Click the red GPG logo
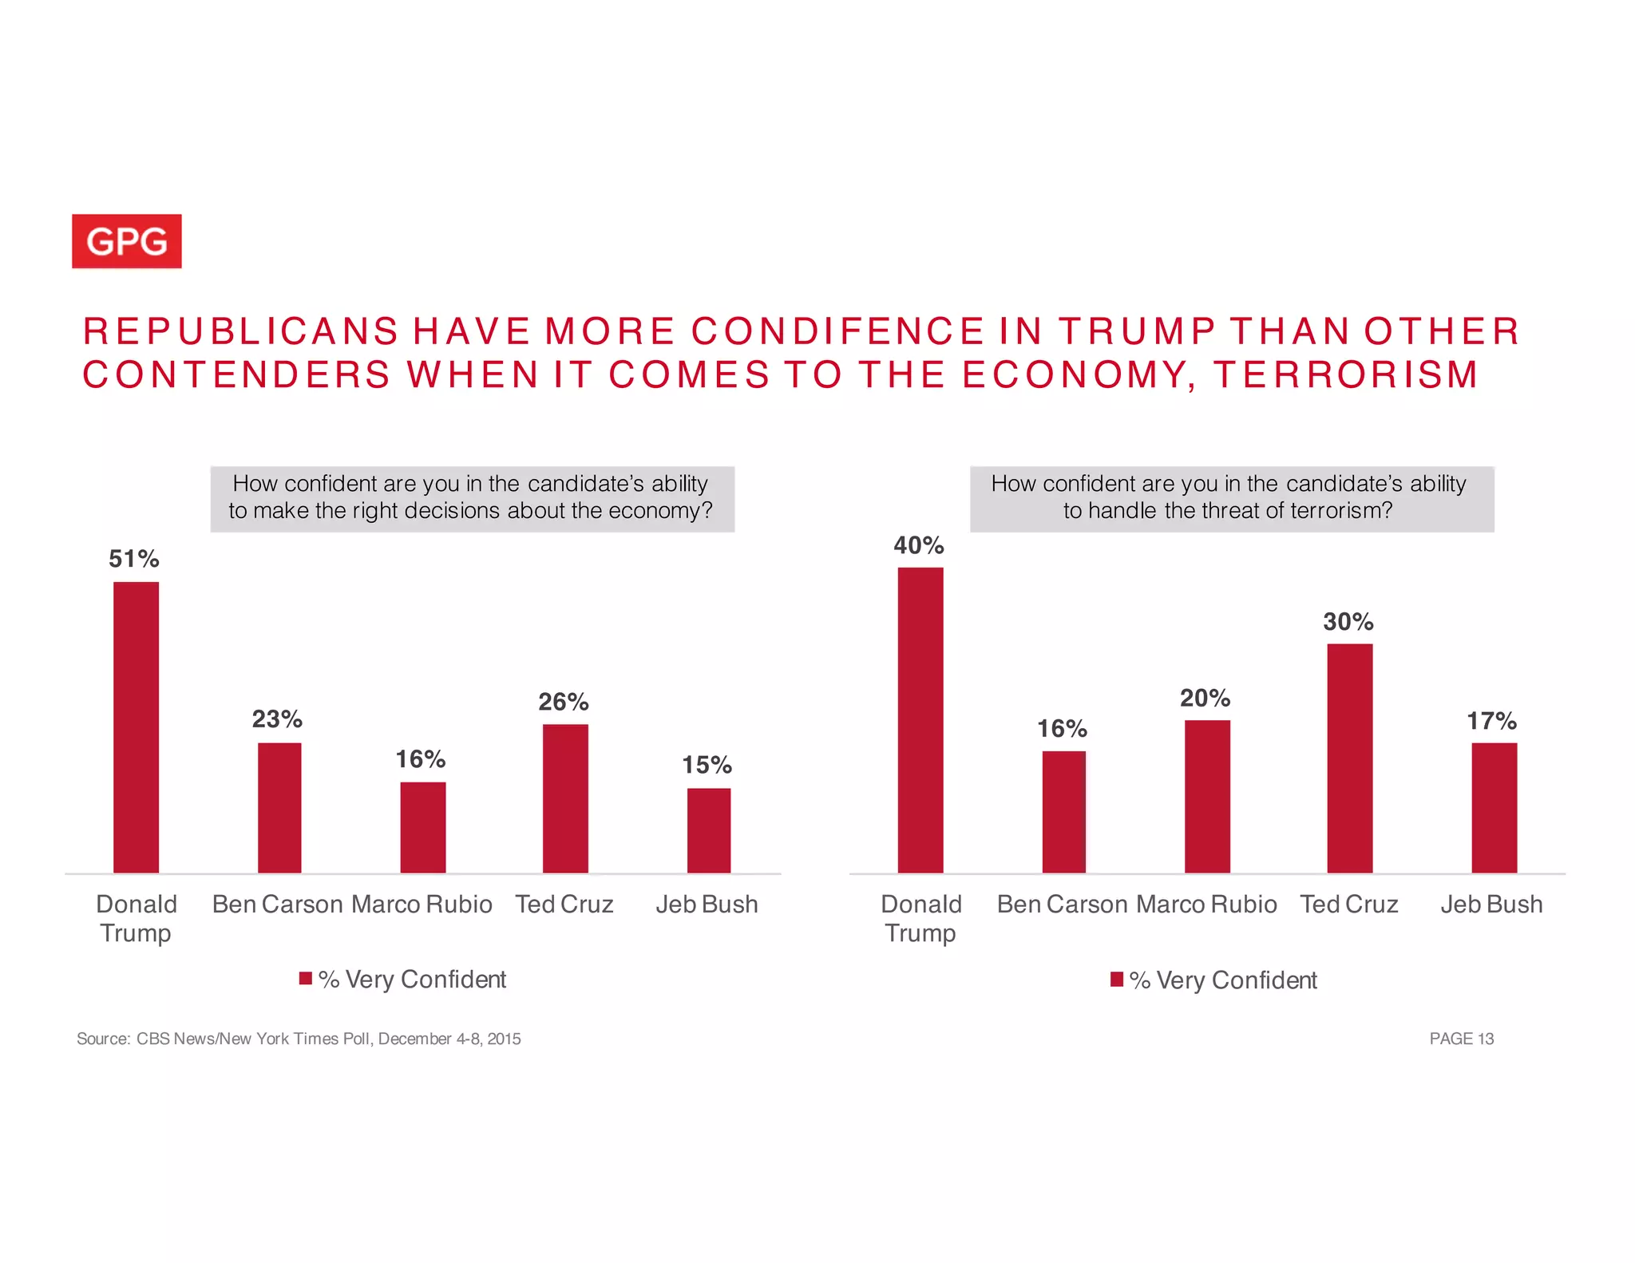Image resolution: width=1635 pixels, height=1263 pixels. click(x=127, y=241)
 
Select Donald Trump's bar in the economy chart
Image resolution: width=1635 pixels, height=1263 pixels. click(x=136, y=727)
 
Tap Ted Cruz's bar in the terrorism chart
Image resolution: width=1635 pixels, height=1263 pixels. click(x=1349, y=758)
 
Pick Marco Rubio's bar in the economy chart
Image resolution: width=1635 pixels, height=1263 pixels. click(x=422, y=827)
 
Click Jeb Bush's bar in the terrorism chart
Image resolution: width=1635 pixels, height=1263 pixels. click(x=1494, y=807)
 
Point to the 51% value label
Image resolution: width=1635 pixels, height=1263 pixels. click(x=134, y=559)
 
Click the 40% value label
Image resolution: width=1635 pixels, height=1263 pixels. click(x=919, y=545)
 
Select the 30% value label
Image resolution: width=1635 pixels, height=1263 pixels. click(x=1348, y=622)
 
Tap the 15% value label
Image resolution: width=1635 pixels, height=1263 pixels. click(x=707, y=766)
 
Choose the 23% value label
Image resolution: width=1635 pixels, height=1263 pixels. click(x=277, y=719)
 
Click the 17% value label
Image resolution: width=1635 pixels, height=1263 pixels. click(x=1491, y=722)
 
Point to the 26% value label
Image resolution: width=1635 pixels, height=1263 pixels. click(x=564, y=703)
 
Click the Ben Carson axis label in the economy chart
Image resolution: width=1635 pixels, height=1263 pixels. click(x=277, y=905)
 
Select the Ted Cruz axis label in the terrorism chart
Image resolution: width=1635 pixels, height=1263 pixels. click(x=1349, y=905)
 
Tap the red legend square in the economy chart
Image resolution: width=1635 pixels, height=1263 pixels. click(x=305, y=979)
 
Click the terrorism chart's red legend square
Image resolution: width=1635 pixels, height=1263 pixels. click(x=1117, y=980)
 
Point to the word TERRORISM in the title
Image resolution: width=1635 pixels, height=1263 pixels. click(x=1345, y=375)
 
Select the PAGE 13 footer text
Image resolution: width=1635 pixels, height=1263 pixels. click(x=1461, y=1039)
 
